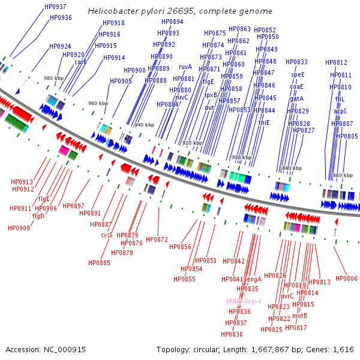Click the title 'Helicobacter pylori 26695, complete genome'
[180, 11]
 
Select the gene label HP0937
[56, 7]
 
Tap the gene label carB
[80, 62]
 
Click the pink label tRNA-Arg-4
[243, 301]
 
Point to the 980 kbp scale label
[53, 78]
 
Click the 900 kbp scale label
[241, 157]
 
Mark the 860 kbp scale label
[343, 175]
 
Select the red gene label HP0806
[346, 278]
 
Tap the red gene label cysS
[107, 235]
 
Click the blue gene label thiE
[264, 122]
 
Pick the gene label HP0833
[296, 62]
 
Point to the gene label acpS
[340, 111]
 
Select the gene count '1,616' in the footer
[343, 349]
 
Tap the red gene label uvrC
[287, 296]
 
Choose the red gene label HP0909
[19, 228]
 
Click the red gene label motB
[299, 316]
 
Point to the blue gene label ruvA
[185, 67]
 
